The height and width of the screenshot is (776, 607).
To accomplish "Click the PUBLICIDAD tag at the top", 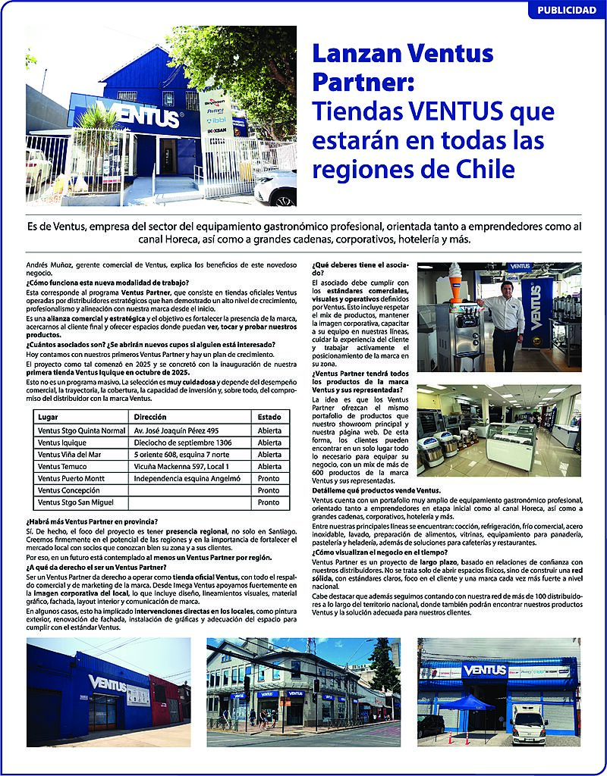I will click(x=566, y=10).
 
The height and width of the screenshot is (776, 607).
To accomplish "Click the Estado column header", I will click(x=269, y=417).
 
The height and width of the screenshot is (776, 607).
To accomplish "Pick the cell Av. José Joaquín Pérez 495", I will click(x=176, y=430).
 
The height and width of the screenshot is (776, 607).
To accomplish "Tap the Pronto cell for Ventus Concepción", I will click(x=269, y=490).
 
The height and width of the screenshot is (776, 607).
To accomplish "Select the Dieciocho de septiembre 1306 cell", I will click(x=182, y=442).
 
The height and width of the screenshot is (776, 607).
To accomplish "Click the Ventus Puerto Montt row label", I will click(x=71, y=478).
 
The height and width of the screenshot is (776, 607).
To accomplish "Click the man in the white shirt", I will click(x=507, y=318).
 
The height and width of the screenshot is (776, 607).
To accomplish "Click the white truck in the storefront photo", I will click(x=529, y=723).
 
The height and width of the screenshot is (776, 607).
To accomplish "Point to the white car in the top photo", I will click(x=275, y=187).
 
